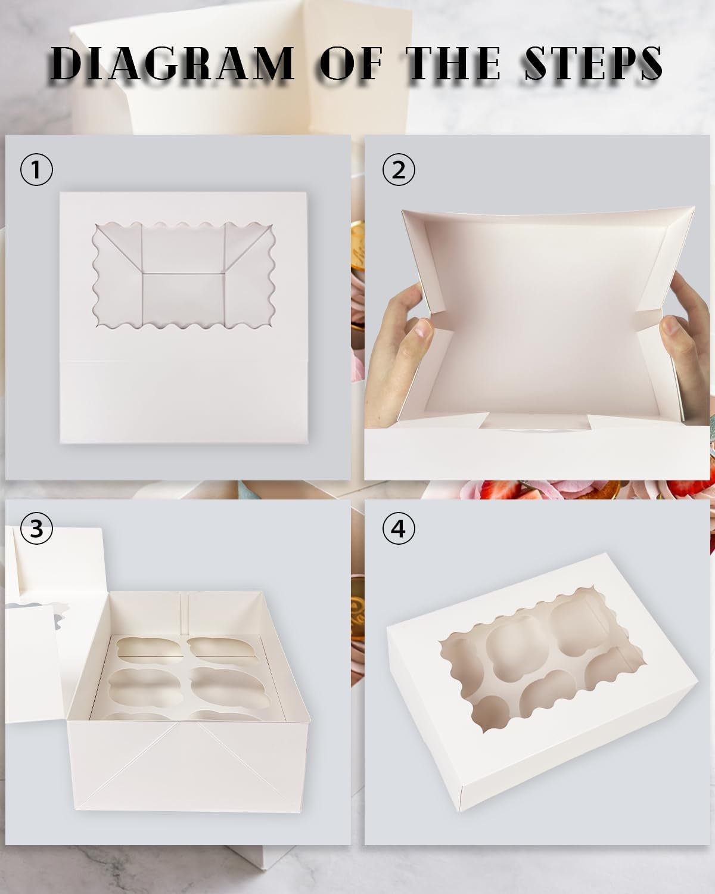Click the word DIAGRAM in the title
click(x=172, y=63)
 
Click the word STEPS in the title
click(x=592, y=63)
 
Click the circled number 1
click(x=36, y=170)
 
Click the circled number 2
click(x=399, y=170)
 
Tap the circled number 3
click(x=36, y=528)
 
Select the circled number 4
click(x=399, y=528)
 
